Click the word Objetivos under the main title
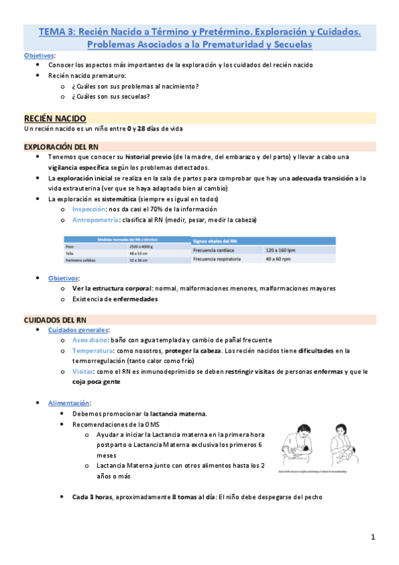(39, 55)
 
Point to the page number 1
(374, 536)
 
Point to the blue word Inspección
(89, 209)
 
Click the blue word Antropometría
(95, 219)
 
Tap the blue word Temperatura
(93, 350)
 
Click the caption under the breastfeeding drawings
(319, 470)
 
